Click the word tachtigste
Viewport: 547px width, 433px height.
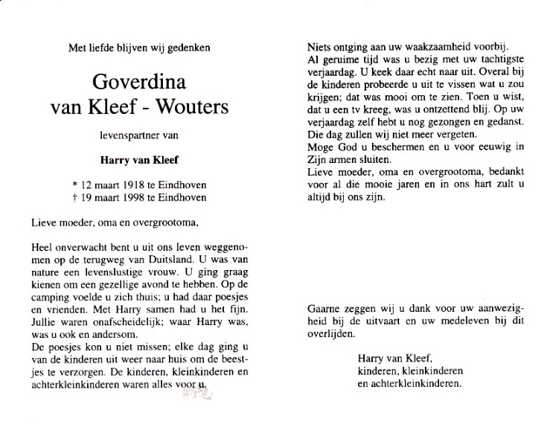[x=481, y=56]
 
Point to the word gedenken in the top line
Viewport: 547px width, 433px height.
[x=190, y=48]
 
